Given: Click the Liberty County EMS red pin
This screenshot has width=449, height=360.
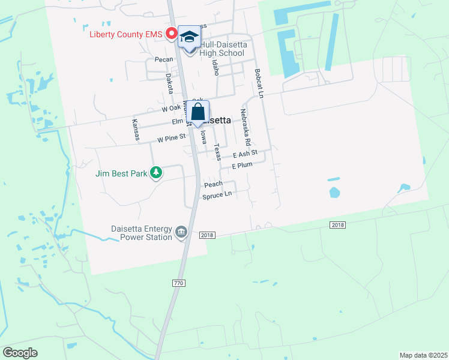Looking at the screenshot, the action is point(170,34).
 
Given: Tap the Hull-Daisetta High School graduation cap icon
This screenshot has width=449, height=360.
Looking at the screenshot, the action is point(190,37).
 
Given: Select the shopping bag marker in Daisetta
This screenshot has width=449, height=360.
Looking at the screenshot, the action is point(198,113).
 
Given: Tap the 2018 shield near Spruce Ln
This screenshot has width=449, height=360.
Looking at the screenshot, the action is point(206,235).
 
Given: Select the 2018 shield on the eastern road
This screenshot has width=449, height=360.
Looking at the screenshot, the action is point(337,224).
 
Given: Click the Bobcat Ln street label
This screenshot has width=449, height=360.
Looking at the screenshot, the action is point(259,83).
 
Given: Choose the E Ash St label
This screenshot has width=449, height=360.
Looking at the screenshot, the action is point(245,154).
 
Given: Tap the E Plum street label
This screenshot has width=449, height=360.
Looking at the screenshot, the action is point(243,165).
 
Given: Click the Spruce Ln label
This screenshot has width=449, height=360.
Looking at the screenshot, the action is point(217,196).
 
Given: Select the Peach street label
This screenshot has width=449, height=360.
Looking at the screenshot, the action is point(213,184).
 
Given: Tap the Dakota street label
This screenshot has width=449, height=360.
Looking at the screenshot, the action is point(169,83).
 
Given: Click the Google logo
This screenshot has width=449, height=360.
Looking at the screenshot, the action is point(20,353).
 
